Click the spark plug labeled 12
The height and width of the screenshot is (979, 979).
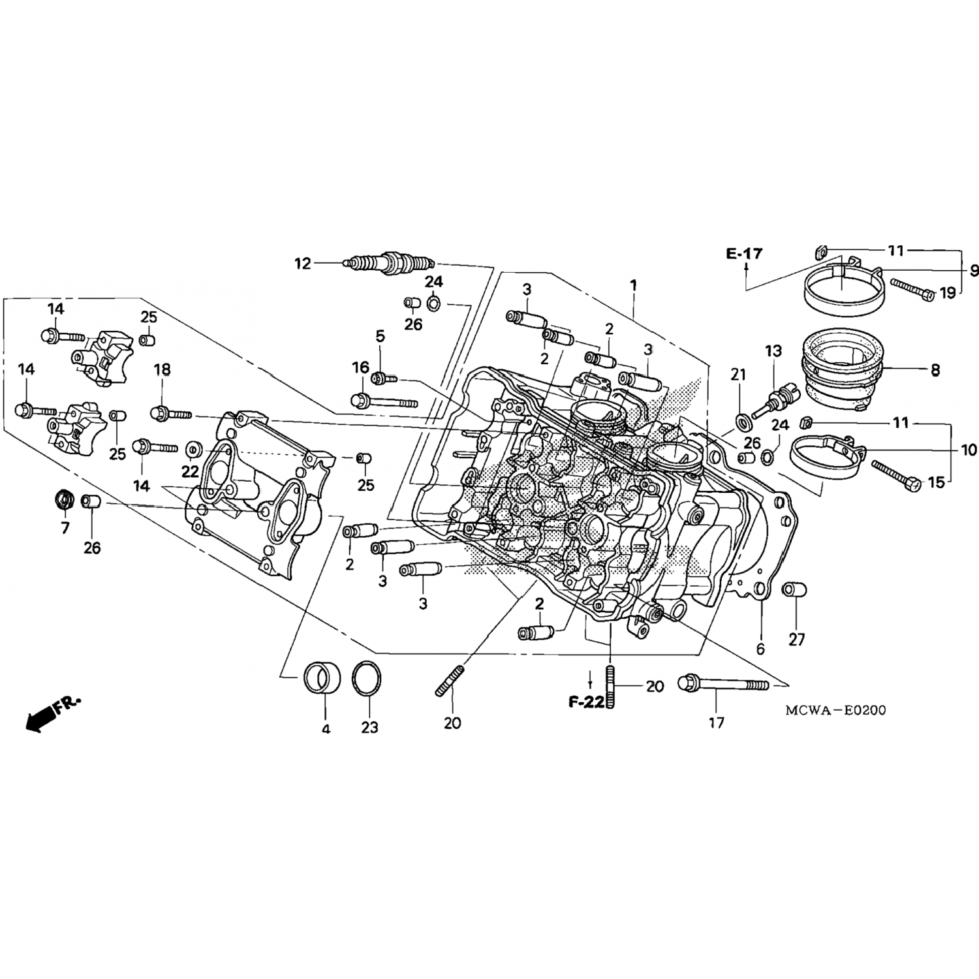coord(388,262)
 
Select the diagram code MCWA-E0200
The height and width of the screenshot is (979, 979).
coord(835,710)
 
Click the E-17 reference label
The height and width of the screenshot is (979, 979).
coord(744,254)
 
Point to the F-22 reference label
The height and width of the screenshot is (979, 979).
coord(586,702)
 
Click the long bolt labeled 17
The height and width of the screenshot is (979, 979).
coord(724,684)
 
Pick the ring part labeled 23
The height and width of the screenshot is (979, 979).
coord(368,679)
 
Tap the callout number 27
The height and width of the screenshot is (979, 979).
coord(796,640)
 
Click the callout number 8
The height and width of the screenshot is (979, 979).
coord(935,371)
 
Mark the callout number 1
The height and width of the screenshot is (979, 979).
coord(632,285)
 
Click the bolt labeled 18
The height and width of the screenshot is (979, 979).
coord(170,413)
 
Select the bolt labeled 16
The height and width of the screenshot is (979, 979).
coord(384,400)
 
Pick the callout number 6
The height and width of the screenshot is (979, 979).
coord(760,649)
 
